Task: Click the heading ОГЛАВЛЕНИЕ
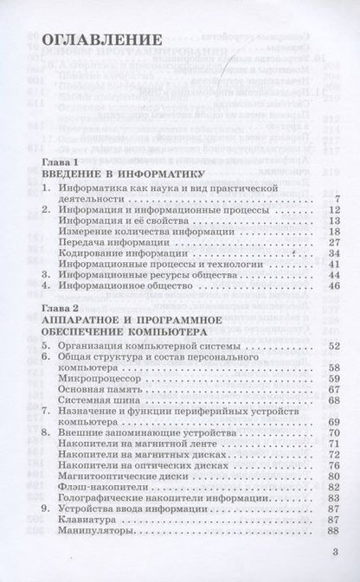pyautogui.click(x=102, y=41)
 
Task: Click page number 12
pyautogui.click(x=331, y=210)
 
